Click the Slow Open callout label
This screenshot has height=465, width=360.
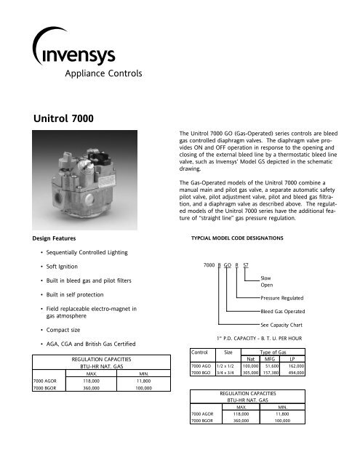coord(266,281)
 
